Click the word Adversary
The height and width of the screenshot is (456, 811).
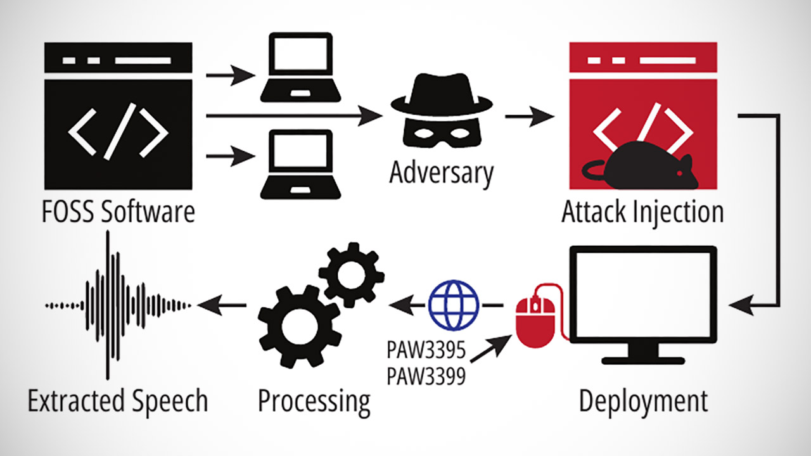(441, 172)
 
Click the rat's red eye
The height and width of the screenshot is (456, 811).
(679, 173)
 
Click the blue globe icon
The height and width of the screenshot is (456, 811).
(454, 304)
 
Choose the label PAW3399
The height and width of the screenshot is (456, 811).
(425, 376)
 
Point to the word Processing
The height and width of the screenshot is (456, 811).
(314, 401)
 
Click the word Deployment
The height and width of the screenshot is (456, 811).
(643, 401)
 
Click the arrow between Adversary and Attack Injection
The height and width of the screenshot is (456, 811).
(528, 117)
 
